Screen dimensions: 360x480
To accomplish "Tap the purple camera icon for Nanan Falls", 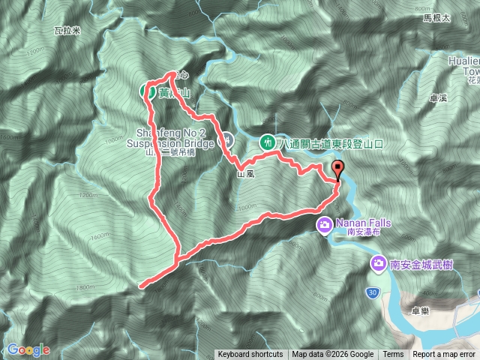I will click(x=324, y=223).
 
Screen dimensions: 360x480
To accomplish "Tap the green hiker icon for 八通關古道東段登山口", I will click(x=267, y=141).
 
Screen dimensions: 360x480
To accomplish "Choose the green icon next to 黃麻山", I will click(x=147, y=91).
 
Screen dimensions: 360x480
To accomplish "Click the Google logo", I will click(x=28, y=349).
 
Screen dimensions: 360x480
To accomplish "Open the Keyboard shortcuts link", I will click(x=250, y=355).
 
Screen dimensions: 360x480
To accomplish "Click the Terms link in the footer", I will click(x=393, y=355).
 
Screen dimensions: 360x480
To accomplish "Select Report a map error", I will click(x=444, y=355).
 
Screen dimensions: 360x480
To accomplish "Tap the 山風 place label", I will click(x=246, y=174).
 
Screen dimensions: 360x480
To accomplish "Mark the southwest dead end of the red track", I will click(x=140, y=285).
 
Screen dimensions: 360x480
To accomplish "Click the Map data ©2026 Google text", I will click(x=332, y=355).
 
